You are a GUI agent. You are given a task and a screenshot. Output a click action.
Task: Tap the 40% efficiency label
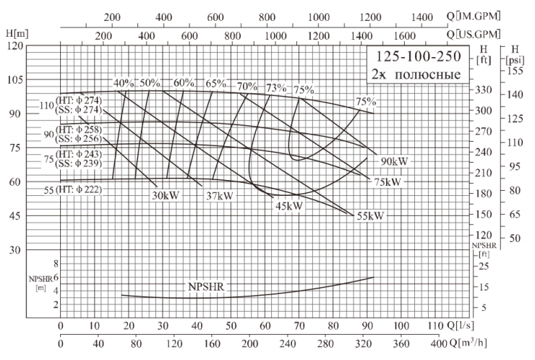coord(124,83)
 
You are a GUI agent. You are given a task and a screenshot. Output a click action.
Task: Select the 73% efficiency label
coord(275,87)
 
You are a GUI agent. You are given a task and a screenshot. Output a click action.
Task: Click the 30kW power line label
coord(166,194)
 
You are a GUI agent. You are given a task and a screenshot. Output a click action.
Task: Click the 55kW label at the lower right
coord(369,215)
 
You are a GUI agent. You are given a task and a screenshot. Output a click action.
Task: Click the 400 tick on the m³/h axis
coord(439,342)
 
